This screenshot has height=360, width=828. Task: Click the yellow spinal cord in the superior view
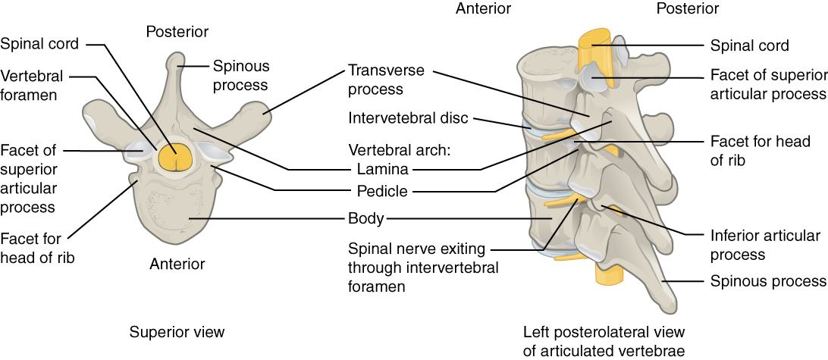[x=176, y=158]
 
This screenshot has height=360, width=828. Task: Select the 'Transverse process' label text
[x=385, y=80]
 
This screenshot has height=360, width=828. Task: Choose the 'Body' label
[x=365, y=220]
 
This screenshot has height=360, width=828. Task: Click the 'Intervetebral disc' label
[x=408, y=118]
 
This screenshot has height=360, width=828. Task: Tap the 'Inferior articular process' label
[x=765, y=245]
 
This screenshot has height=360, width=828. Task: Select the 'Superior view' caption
[x=177, y=332]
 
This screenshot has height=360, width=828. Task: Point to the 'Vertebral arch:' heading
[x=399, y=149]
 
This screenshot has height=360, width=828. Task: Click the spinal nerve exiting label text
[x=423, y=268]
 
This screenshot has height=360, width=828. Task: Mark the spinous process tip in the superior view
[x=176, y=59]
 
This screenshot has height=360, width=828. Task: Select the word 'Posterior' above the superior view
[x=177, y=31]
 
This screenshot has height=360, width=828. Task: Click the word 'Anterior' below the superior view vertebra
[x=177, y=264]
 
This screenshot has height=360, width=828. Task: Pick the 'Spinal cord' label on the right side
[x=749, y=45]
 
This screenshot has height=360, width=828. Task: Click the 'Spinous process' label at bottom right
[x=767, y=281]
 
